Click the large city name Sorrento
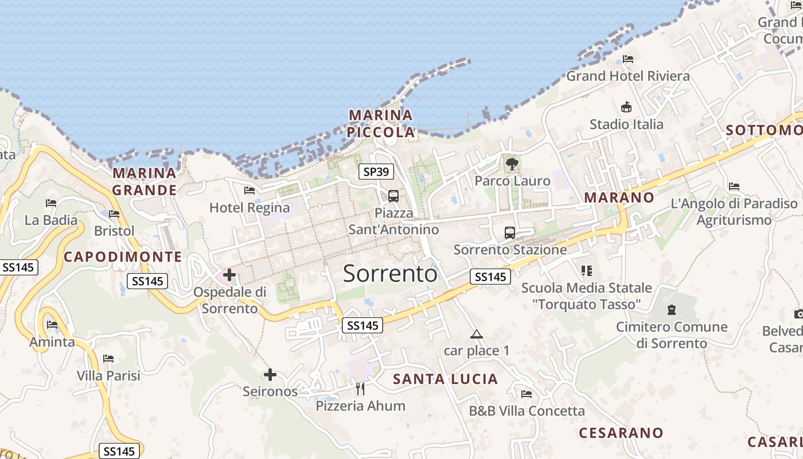click(x=390, y=274)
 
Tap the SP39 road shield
click(x=376, y=171)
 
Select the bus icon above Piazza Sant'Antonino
click(x=393, y=196)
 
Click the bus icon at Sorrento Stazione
click(x=510, y=232)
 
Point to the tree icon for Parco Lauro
click(x=512, y=164)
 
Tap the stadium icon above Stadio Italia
click(x=626, y=107)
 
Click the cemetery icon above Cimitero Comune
click(x=672, y=310)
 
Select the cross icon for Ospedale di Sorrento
click(x=229, y=275)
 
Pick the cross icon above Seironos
click(x=270, y=375)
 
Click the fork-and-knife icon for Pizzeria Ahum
click(x=360, y=389)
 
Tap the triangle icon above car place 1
click(x=477, y=334)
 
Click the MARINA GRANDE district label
click(x=145, y=181)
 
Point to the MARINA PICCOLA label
click(x=381, y=123)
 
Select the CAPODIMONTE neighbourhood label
click(x=123, y=256)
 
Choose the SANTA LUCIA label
click(x=445, y=379)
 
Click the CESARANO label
click(x=621, y=433)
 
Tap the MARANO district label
click(x=619, y=197)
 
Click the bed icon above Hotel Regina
click(x=250, y=190)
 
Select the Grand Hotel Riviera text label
click(x=628, y=76)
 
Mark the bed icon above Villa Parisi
click(x=108, y=359)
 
